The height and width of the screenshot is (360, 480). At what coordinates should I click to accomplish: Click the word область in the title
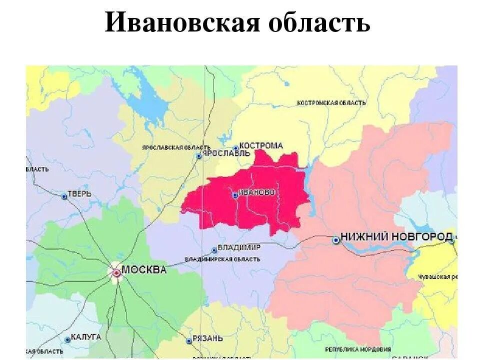[320, 22]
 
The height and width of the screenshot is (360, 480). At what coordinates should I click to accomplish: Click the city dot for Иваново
[235, 195]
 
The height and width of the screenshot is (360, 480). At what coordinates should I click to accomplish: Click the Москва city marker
[116, 272]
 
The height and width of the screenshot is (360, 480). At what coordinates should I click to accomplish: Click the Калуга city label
[86, 337]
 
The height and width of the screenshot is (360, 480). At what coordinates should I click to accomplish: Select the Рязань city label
[207, 338]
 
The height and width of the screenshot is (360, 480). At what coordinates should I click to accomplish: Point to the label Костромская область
[331, 103]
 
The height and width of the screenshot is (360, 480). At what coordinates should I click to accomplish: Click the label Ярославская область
[169, 147]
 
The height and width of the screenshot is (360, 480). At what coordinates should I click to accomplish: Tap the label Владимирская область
[222, 259]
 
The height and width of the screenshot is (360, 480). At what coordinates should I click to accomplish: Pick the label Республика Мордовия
[358, 349]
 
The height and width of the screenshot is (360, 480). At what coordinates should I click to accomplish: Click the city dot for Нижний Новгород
[336, 240]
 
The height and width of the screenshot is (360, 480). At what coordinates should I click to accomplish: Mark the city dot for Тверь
[64, 197]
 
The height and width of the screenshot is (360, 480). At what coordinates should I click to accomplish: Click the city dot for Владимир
[214, 250]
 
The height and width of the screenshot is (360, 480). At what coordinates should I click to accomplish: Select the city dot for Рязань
[189, 341]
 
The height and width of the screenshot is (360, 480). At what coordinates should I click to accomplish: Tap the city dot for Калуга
[67, 339]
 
